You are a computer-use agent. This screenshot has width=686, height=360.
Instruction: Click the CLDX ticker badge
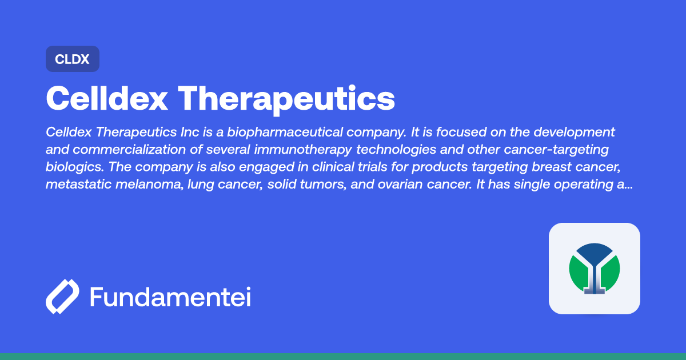coord(73,59)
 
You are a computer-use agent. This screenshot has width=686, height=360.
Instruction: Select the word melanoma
coord(146,185)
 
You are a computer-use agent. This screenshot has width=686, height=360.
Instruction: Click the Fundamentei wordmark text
coord(170,297)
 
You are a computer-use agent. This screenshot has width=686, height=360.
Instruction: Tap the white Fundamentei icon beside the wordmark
coord(62,297)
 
